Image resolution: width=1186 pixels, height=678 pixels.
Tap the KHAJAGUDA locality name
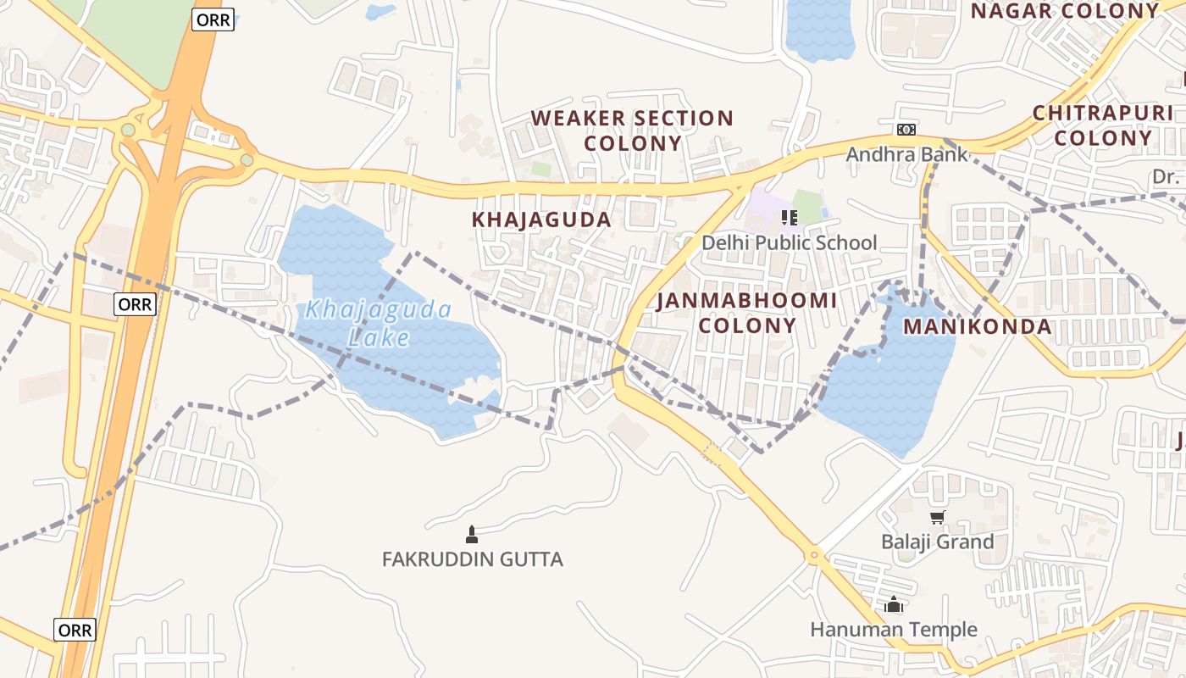pyautogui.click(x=541, y=220)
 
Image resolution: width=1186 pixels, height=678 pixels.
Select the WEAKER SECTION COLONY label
pyautogui.click(x=632, y=131)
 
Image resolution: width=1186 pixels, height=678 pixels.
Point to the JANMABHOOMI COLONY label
pyautogui.click(x=746, y=313)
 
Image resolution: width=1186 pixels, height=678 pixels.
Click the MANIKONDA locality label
pyautogui.click(x=977, y=326)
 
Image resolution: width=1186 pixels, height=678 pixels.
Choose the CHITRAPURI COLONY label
pyautogui.click(x=1103, y=125)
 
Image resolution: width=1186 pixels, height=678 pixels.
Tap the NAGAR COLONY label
pyautogui.click(x=1064, y=11)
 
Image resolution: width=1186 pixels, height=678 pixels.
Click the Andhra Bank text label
pyautogui.click(x=906, y=154)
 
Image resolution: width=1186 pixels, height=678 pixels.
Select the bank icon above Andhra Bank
pyautogui.click(x=906, y=130)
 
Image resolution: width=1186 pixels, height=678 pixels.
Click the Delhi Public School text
pyautogui.click(x=789, y=243)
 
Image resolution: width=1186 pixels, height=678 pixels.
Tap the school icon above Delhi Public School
pyautogui.click(x=790, y=218)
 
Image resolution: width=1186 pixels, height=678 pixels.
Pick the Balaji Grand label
pyautogui.click(x=937, y=542)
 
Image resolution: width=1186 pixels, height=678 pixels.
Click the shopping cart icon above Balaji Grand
pyautogui.click(x=937, y=518)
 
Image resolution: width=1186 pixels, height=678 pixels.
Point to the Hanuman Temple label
pyautogui.click(x=894, y=630)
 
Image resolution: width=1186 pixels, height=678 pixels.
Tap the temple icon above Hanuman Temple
pyautogui.click(x=894, y=605)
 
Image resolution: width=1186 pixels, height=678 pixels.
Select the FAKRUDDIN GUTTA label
pyautogui.click(x=472, y=559)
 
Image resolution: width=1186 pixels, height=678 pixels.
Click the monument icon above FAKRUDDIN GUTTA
pyautogui.click(x=472, y=535)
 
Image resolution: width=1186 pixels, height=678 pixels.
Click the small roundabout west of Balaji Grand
pyautogui.click(x=814, y=556)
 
